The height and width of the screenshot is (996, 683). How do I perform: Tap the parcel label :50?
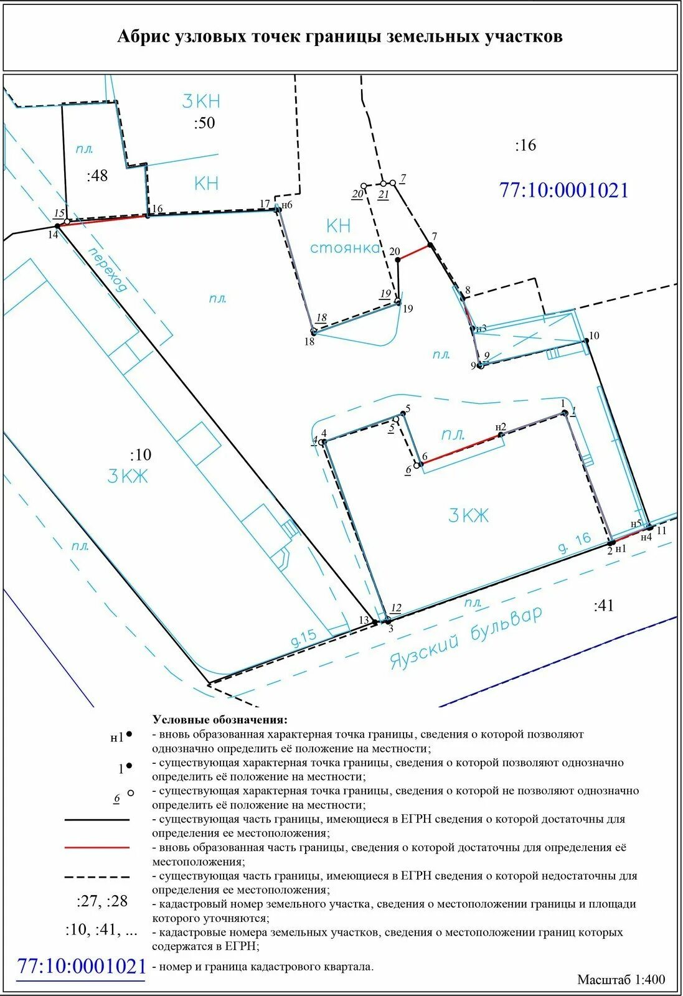(x=204, y=123)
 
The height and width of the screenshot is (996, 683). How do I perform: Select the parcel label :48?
(x=97, y=176)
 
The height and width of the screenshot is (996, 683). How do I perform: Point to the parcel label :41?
(x=604, y=606)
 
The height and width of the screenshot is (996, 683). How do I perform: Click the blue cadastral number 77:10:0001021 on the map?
(x=564, y=190)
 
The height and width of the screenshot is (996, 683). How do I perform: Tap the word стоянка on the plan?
(x=345, y=248)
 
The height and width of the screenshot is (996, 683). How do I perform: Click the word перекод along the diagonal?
(x=108, y=270)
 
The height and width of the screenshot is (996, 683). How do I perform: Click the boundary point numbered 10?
(x=586, y=340)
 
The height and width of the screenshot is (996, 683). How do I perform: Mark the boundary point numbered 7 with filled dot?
(x=430, y=245)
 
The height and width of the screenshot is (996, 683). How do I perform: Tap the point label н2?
(x=501, y=426)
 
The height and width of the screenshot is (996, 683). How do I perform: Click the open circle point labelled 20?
(x=364, y=186)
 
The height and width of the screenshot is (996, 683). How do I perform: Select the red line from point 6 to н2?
(x=461, y=449)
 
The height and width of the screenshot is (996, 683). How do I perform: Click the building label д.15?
(x=304, y=637)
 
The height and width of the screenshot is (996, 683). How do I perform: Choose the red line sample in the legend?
(x=97, y=848)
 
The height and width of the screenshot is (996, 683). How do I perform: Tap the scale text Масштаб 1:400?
(x=621, y=979)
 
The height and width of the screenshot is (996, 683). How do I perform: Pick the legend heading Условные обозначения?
(x=220, y=720)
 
